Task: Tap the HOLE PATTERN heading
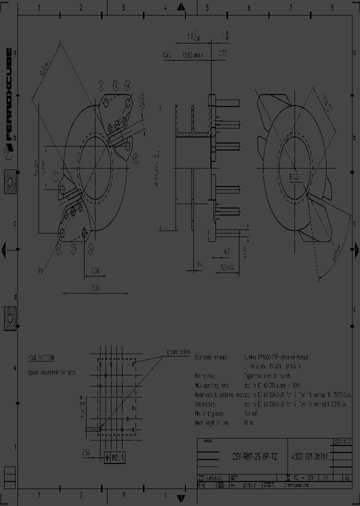click(x=41, y=358)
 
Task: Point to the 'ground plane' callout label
click(x=177, y=351)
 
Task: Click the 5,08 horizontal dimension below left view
click(x=94, y=270)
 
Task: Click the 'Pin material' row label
click(x=204, y=376)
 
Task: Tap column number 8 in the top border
click(x=332, y=7)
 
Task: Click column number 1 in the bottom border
click(x=39, y=495)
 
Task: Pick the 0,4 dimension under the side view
click(x=199, y=263)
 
